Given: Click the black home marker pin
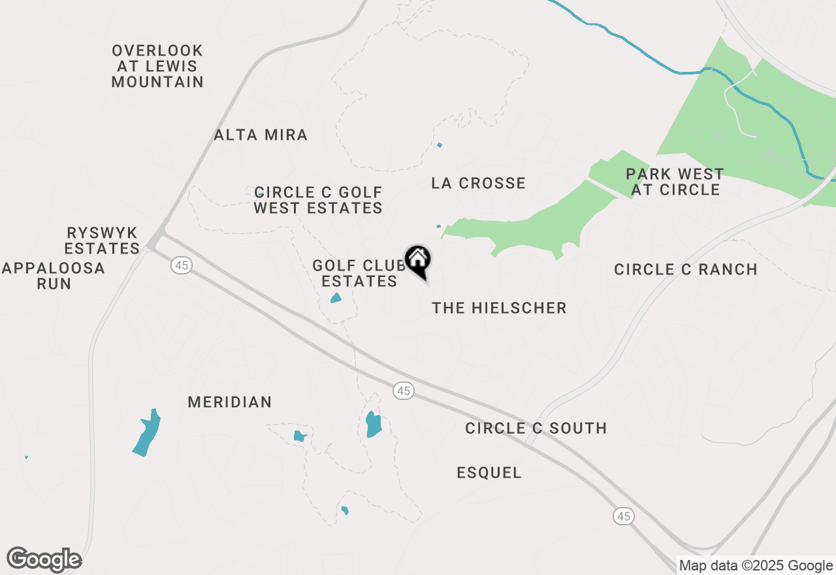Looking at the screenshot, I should (x=418, y=261).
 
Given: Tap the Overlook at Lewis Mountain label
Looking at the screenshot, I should (x=157, y=66).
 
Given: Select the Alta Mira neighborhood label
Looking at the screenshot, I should (x=261, y=135).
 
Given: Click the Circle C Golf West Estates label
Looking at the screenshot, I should (x=318, y=200).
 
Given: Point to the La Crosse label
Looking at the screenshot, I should (x=478, y=183).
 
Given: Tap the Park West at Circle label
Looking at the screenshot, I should (x=675, y=182).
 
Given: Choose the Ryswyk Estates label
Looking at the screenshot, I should (x=103, y=240).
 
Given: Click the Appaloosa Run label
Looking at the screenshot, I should (x=54, y=276).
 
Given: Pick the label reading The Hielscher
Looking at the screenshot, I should (x=499, y=308).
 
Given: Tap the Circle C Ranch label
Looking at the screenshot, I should (x=686, y=269).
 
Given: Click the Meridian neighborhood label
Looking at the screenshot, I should (x=229, y=402).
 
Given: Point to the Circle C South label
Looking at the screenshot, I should (x=536, y=428).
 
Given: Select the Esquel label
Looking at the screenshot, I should (x=489, y=472).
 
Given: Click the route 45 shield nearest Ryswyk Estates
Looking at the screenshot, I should (x=182, y=265).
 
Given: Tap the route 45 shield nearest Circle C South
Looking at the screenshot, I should (x=404, y=391).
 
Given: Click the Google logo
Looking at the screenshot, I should (x=44, y=560).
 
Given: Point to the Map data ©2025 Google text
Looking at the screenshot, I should (x=756, y=566).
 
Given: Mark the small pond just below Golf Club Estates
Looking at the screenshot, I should (x=336, y=298).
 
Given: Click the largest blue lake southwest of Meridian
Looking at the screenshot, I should (x=147, y=433).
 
